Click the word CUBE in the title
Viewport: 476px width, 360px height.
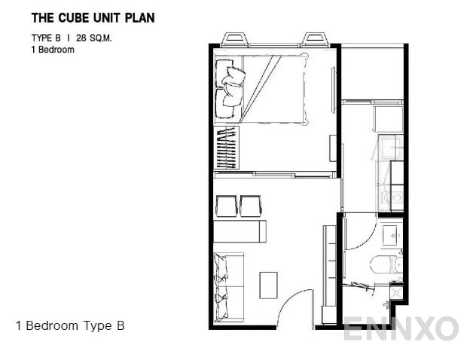point(75,18)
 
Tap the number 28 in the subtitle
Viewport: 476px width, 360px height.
point(81,38)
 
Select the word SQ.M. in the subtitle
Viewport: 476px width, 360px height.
point(101,38)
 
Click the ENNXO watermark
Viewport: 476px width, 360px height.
point(401,328)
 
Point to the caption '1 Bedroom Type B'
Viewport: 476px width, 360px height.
point(70,325)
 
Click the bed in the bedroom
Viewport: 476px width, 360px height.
point(261,89)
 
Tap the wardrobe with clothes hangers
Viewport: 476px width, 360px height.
point(226,148)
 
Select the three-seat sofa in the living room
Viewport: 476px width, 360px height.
point(229,288)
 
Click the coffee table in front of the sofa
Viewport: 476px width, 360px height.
point(268,285)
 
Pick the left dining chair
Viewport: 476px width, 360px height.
point(226,206)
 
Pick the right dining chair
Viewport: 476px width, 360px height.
point(251,206)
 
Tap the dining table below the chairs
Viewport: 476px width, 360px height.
point(240,231)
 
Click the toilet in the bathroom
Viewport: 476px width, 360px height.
point(386,264)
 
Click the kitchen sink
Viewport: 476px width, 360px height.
point(391,148)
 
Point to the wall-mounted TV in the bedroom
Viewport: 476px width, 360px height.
point(334,90)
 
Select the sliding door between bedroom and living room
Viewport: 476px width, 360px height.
point(275,175)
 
